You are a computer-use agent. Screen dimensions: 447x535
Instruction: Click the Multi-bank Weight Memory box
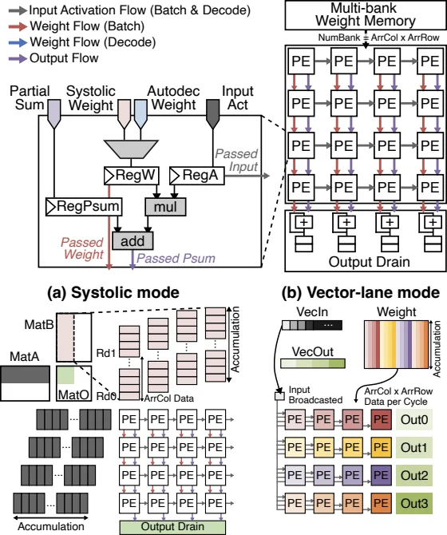[365, 15]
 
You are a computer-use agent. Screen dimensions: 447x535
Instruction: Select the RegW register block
[131, 176]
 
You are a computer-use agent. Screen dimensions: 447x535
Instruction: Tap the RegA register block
[197, 176]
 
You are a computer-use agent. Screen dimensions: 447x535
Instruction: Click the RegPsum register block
[84, 207]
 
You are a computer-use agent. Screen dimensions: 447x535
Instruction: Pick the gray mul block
[165, 207]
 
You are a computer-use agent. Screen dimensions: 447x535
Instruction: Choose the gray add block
[133, 241]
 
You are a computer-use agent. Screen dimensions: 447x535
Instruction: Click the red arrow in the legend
[18, 26]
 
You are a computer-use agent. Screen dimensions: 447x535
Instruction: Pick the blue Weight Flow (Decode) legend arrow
[18, 42]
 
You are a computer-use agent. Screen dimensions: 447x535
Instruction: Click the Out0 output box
[414, 419]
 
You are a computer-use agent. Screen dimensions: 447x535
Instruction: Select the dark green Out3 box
[414, 503]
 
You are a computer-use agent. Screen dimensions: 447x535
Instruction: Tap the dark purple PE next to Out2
[381, 475]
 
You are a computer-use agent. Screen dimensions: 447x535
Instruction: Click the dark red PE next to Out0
[381, 419]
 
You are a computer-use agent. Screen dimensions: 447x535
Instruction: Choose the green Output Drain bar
[172, 527]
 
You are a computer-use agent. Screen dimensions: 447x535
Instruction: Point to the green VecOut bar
[313, 363]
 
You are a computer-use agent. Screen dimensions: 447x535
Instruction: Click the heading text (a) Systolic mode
[113, 292]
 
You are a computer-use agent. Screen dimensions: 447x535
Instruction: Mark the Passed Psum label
[176, 258]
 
